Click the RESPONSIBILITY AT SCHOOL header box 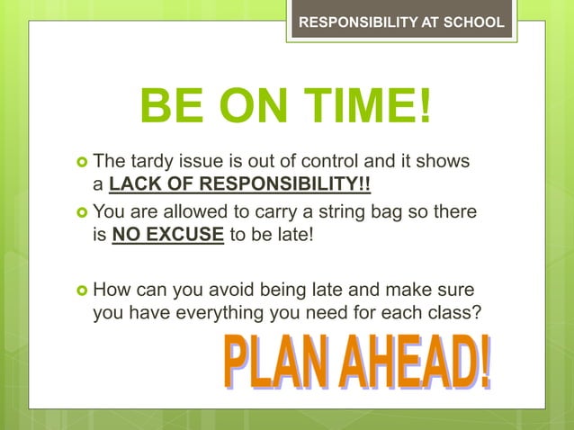[x=401, y=22]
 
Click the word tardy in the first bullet [x=148, y=162]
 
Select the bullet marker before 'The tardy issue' [x=82, y=163]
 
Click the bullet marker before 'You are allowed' [x=82, y=214]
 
